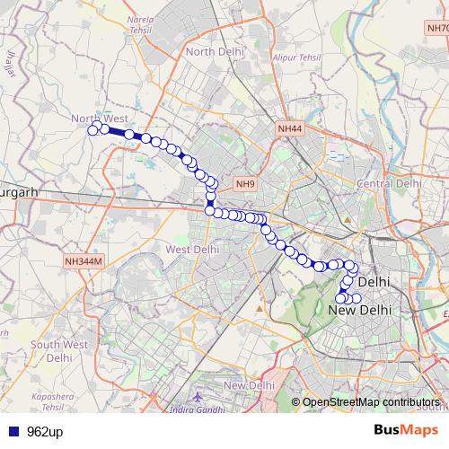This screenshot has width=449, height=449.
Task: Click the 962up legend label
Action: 46,430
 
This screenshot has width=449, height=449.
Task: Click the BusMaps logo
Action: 406,429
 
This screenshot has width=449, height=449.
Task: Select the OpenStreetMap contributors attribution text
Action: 371,402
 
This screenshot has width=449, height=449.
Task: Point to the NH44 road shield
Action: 290,130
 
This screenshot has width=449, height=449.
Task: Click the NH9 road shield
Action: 245,184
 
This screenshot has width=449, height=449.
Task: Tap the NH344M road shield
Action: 84,260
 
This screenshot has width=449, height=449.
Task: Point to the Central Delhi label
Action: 389,183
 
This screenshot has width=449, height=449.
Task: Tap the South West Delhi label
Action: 58,350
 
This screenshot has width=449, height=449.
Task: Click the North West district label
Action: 101,119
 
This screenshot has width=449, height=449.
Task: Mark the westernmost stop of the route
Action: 92,130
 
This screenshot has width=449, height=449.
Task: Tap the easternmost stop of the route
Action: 357,298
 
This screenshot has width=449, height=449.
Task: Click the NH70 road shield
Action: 436,29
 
